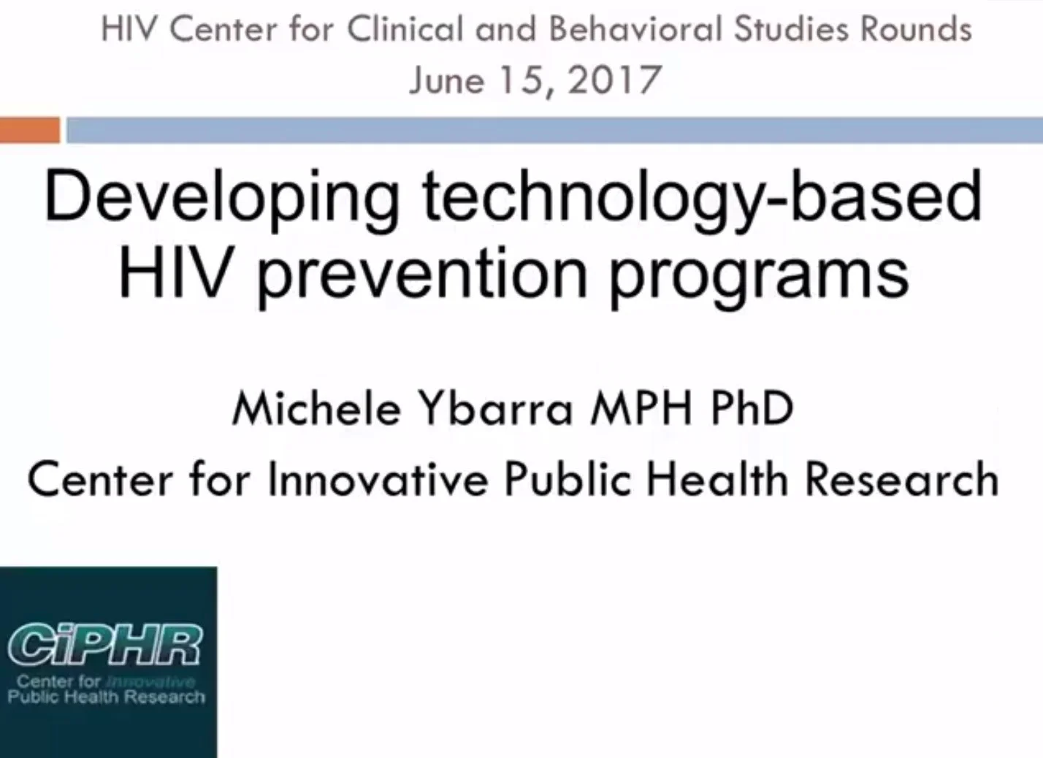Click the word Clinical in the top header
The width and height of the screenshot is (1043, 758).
coord(405,30)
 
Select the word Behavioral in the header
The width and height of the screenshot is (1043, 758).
coord(635,30)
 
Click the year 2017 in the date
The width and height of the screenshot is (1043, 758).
coord(614,80)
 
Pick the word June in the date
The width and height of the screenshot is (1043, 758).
coord(446,80)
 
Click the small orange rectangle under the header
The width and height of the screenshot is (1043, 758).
coord(29,130)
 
